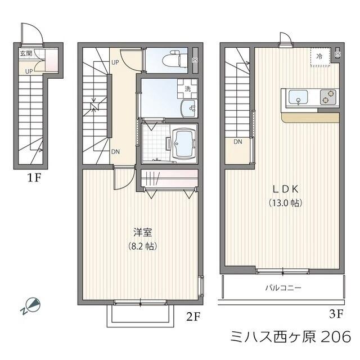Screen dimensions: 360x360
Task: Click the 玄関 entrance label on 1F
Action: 26,54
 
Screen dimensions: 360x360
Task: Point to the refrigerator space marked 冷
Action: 319,56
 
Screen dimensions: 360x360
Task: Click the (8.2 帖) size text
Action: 142,246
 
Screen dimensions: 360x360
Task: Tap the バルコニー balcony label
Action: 283,287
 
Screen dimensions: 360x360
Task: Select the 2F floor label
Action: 192,316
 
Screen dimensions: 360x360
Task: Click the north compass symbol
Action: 31,306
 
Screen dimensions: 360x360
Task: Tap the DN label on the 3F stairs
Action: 238,142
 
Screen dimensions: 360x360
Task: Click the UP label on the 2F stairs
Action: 115,62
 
